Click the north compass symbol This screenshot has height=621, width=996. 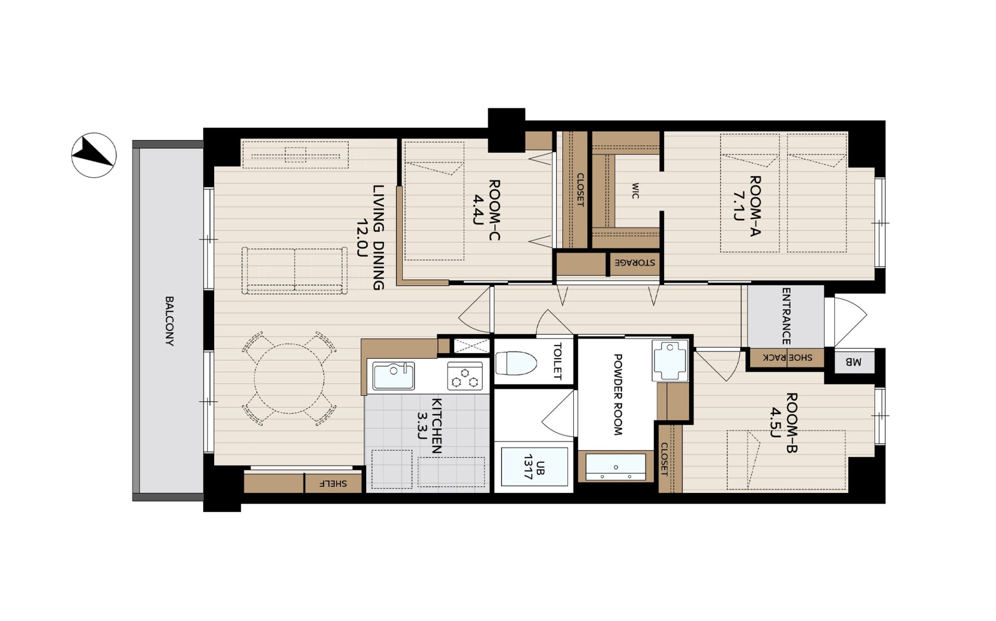tap(94, 155)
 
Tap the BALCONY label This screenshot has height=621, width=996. tap(169, 321)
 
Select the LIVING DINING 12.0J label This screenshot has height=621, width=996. tap(370, 237)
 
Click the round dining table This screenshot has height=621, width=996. tap(289, 379)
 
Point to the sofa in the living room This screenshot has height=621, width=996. tap(294, 271)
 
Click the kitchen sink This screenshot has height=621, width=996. tap(394, 375)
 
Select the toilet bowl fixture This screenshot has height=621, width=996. tap(516, 363)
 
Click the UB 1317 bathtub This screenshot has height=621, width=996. tap(534, 467)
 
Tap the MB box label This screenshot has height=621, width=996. tap(853, 362)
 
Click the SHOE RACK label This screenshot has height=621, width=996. tap(787, 357)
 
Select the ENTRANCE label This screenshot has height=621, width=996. tap(786, 316)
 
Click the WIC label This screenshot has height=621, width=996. tap(635, 191)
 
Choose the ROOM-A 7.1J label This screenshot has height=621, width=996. tap(746, 206)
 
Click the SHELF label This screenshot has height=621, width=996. tap(333, 484)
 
